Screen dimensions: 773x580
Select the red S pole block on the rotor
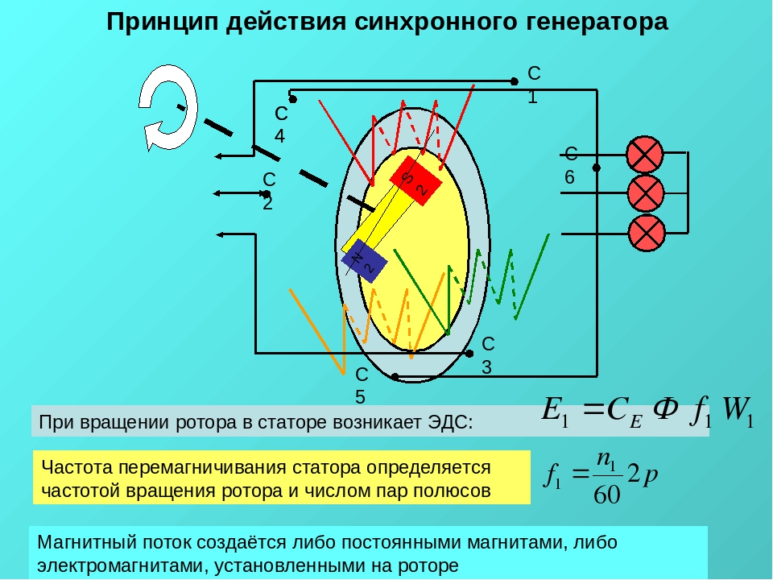(415, 180)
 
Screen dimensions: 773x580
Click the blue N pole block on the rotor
(364, 261)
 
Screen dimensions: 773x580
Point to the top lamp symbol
(645, 154)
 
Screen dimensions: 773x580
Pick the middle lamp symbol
(645, 193)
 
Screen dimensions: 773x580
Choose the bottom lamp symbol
(647, 233)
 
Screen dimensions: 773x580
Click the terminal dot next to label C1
(515, 81)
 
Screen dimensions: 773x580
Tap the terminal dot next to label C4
(292, 99)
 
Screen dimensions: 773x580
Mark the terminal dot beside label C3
(469, 353)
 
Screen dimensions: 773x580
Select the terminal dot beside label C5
(395, 377)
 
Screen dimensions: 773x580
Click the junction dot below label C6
(596, 168)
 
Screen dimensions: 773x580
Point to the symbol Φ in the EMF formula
(665, 409)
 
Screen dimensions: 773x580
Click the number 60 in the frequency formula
(606, 494)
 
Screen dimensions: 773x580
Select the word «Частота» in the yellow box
(77, 467)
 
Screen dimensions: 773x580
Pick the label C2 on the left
(269, 191)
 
